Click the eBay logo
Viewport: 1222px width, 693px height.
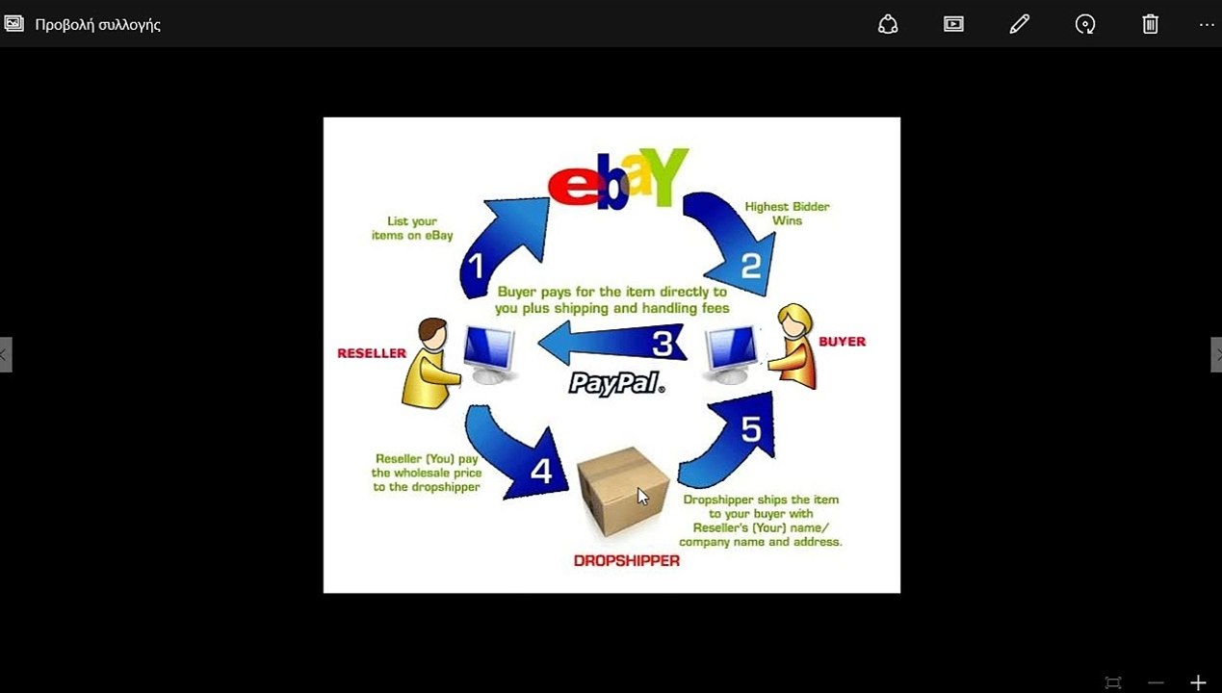pos(617,178)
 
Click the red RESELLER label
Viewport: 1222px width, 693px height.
pos(372,353)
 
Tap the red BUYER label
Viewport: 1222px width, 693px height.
pos(842,341)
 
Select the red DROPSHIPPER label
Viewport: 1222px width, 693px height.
pos(626,561)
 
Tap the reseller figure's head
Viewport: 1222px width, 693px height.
pos(433,334)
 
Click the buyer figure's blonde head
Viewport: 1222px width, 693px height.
pos(795,321)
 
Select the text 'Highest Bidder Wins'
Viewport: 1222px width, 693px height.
pos(787,214)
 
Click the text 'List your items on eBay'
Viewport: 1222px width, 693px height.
pos(412,228)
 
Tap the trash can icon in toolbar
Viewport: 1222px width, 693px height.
pos(1150,24)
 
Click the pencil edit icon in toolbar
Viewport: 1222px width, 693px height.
pos(1019,24)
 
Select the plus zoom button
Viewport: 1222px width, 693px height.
pos(1198,682)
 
